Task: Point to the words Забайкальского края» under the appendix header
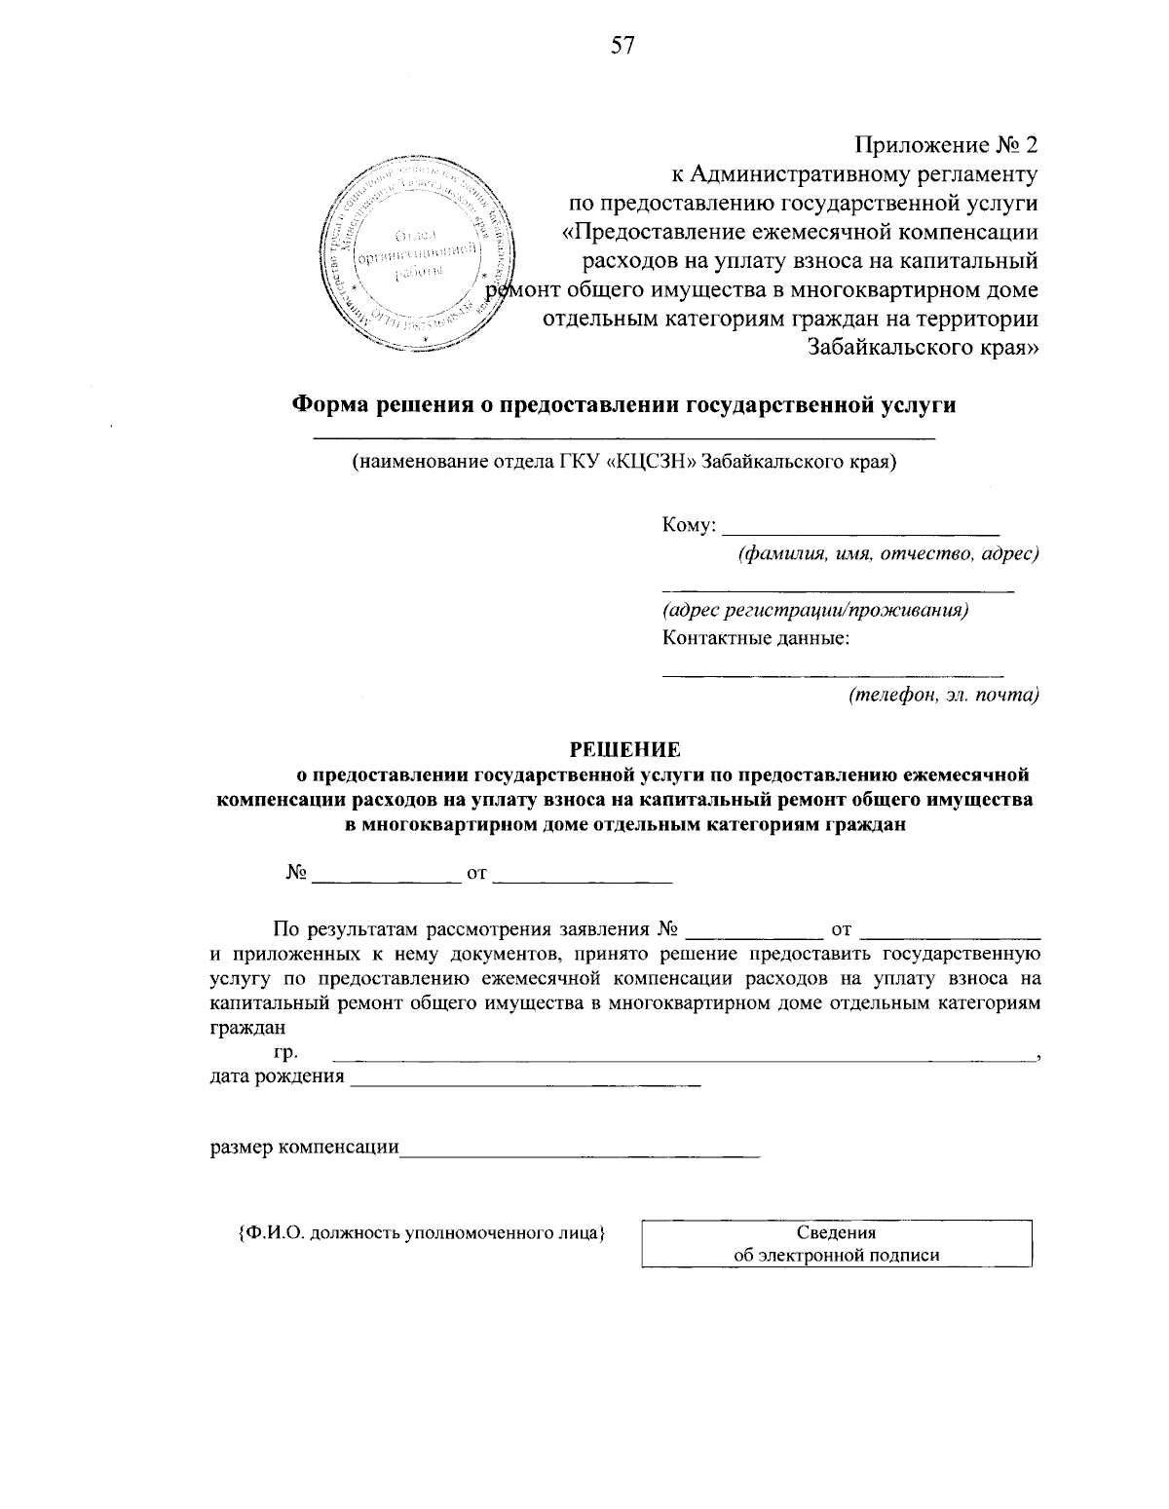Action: coord(923,348)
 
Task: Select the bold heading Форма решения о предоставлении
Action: coord(624,405)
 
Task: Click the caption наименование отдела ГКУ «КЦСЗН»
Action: coord(623,462)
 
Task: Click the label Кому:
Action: coord(689,526)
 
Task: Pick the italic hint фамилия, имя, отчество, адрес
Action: coord(887,554)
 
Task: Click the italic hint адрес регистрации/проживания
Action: coord(814,611)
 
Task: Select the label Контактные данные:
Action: coord(756,639)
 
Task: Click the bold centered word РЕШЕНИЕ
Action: coord(623,749)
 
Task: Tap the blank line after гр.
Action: coord(682,1057)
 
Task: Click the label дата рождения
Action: coord(278,1076)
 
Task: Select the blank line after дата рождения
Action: coord(525,1083)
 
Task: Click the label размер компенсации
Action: coord(305,1148)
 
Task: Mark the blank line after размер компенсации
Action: coord(580,1155)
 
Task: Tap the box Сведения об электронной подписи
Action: coord(836,1244)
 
